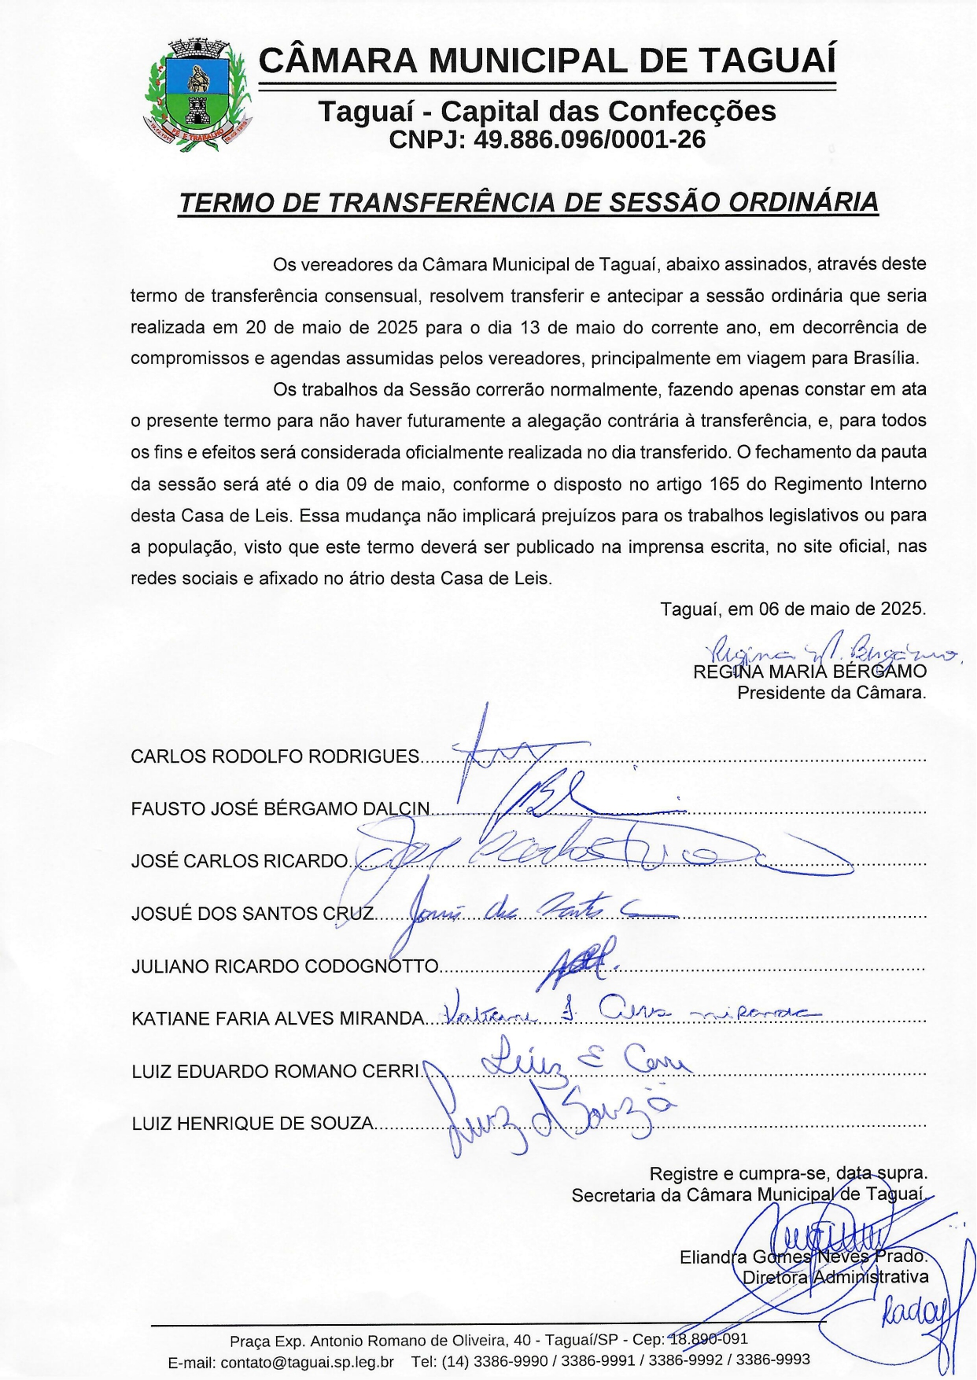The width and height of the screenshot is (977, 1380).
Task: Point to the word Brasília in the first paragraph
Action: click(886, 359)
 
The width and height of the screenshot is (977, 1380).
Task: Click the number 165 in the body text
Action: click(724, 484)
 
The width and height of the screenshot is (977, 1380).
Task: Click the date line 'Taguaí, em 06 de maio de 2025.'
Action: click(793, 609)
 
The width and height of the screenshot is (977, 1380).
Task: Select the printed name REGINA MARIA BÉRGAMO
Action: click(809, 672)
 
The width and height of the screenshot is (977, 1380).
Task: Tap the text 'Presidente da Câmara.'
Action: click(831, 694)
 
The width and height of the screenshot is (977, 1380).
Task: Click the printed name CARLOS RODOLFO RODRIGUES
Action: click(275, 757)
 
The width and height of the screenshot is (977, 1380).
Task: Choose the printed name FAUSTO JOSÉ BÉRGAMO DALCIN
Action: click(281, 809)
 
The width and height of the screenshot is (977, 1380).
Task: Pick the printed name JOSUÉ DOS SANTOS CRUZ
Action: click(253, 914)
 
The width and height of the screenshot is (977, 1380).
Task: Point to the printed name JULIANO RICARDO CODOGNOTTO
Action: click(285, 966)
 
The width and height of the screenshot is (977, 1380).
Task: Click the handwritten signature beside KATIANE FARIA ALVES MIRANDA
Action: click(629, 1011)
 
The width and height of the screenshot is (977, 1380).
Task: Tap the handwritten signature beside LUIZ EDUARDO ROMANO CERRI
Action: click(586, 1059)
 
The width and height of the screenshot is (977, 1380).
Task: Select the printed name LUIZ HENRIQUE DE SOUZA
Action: click(253, 1124)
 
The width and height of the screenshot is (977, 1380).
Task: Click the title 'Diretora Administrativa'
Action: click(835, 1277)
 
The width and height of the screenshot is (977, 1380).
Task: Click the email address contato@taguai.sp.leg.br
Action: click(307, 1362)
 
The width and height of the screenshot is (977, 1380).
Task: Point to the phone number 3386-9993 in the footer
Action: click(775, 1360)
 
